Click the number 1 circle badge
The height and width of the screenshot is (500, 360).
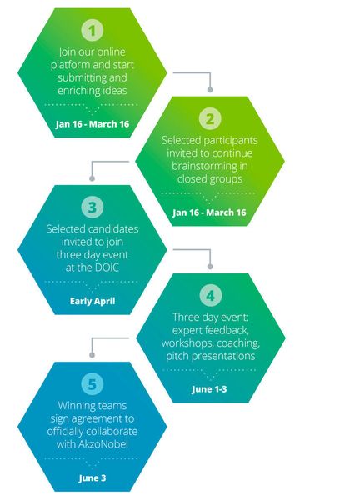click(92, 30)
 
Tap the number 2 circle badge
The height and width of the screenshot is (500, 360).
click(210, 118)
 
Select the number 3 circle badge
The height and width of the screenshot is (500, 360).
click(92, 207)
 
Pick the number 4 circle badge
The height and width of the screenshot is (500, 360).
click(211, 296)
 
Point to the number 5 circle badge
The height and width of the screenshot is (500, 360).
click(92, 384)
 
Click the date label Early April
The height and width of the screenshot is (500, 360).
click(92, 301)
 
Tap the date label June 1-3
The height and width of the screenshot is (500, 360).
click(209, 389)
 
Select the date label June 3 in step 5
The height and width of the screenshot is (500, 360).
click(92, 478)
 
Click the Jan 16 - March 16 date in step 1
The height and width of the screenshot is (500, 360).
click(92, 123)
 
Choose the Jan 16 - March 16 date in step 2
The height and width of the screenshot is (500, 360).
click(209, 212)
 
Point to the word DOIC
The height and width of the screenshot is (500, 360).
click(105, 267)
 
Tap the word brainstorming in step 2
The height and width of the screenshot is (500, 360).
click(205, 166)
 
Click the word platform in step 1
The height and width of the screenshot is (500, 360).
click(71, 65)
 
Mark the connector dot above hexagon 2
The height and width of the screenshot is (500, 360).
click(210, 90)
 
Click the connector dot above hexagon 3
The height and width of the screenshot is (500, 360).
click(92, 178)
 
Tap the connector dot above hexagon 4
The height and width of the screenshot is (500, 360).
click(210, 267)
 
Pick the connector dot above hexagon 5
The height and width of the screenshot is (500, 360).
click(92, 355)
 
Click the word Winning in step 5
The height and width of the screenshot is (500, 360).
click(72, 406)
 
